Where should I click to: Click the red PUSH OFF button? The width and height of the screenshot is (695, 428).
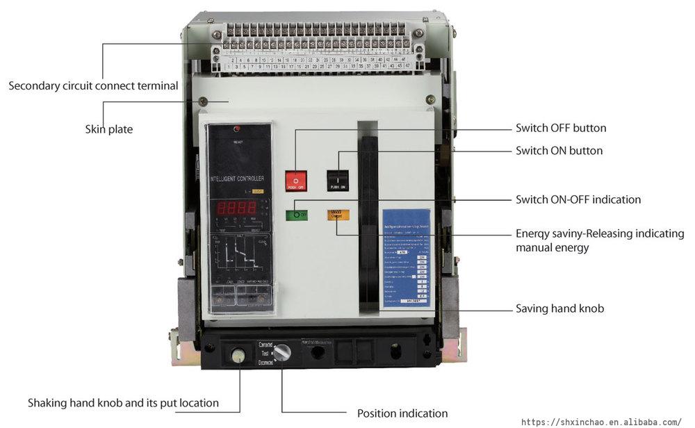[x=296, y=181]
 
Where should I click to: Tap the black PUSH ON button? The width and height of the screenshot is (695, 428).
[x=338, y=181]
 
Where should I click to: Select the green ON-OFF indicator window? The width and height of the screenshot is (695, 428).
[x=296, y=215]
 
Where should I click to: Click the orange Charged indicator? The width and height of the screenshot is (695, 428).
[x=338, y=215]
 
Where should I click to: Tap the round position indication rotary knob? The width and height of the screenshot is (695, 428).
[x=281, y=353]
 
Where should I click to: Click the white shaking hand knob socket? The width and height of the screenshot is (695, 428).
[x=238, y=355]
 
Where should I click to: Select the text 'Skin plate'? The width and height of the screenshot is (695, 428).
[x=109, y=129]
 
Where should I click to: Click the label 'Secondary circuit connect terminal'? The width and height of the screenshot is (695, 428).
[x=93, y=86]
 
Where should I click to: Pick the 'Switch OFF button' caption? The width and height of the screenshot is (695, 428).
[x=561, y=128]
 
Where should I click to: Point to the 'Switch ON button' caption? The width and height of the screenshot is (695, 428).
[x=559, y=151]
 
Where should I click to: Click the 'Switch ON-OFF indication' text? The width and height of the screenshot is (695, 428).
[x=578, y=199]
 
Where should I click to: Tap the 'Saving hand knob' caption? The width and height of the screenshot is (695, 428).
[x=559, y=308]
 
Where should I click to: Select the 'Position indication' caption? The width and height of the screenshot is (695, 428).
[x=402, y=413]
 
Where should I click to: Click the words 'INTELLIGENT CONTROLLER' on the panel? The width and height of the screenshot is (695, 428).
[x=237, y=179]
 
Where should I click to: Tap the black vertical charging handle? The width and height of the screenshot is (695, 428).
[x=368, y=215]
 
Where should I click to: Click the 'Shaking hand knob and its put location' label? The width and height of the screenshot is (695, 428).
[x=123, y=403]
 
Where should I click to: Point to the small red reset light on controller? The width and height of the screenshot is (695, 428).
[x=237, y=129]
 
